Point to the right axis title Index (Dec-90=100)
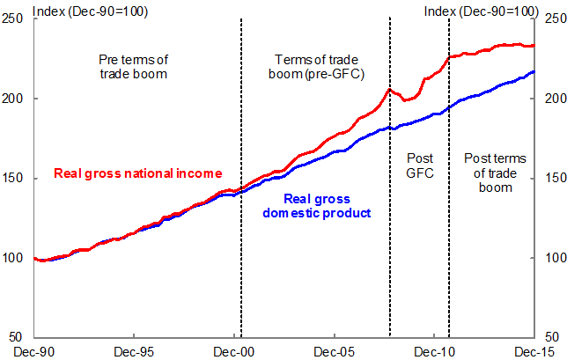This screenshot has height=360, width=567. click(481, 10)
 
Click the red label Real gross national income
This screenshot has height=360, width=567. click(136, 173)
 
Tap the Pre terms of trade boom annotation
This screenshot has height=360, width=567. click(133, 67)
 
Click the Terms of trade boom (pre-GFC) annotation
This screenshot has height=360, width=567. click(314, 67)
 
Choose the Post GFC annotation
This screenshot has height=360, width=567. click(419, 166)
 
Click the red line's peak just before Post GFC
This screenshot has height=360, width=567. click(388, 88)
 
